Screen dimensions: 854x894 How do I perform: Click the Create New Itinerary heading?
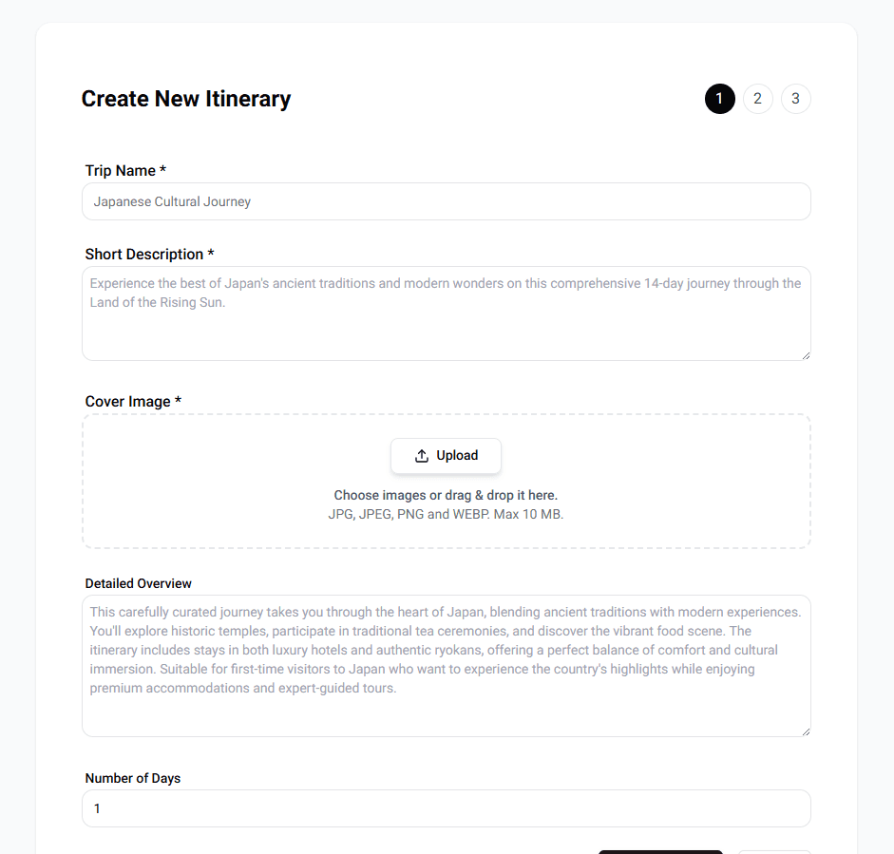click(186, 99)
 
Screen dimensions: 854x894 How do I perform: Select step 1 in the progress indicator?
click(719, 99)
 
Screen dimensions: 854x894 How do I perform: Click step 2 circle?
click(757, 99)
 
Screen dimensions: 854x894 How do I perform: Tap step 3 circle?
click(795, 99)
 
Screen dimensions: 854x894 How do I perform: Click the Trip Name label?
click(125, 171)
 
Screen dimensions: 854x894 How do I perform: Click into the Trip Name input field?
click(446, 201)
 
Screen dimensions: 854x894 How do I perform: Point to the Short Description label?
click(149, 255)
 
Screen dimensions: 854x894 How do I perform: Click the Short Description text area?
click(446, 323)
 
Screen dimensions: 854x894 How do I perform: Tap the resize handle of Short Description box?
click(806, 355)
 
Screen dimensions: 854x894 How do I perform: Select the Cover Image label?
click(133, 402)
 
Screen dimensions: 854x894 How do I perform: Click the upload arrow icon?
click(422, 456)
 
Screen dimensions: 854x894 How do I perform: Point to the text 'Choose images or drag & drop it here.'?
click(446, 495)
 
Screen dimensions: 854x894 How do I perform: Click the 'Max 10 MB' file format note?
click(446, 514)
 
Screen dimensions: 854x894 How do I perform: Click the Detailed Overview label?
click(138, 583)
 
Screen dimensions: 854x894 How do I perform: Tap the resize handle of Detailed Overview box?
click(806, 731)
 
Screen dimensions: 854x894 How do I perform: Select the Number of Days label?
click(132, 778)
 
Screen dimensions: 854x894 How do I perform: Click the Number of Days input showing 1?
click(446, 808)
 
